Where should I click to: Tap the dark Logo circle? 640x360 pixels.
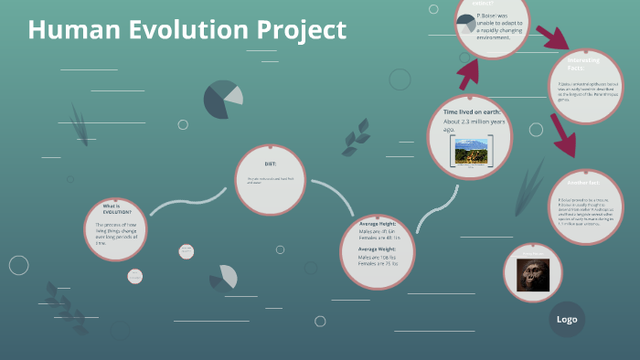tap(567, 319)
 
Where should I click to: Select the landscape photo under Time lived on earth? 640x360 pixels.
tap(471, 150)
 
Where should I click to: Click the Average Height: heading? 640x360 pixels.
tap(377, 224)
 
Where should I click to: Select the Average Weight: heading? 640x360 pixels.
tap(377, 249)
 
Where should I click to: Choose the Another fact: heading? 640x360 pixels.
tap(574, 183)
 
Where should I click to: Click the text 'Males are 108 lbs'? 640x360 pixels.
tap(378, 258)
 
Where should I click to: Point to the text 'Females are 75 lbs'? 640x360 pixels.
tap(378, 265)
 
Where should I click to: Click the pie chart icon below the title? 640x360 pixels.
tap(222, 100)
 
